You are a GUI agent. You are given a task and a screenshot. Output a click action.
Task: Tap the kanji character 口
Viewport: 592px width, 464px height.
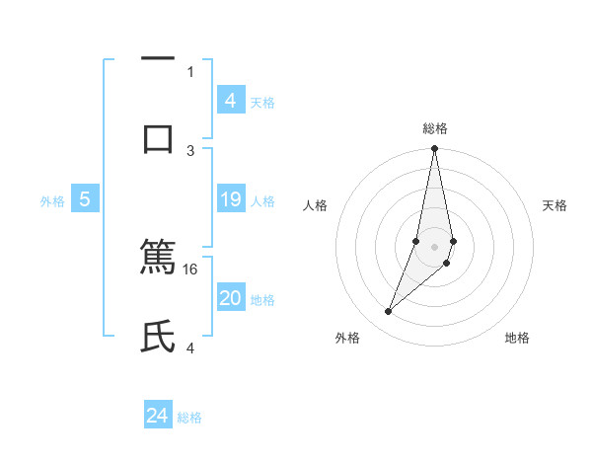pyautogui.click(x=158, y=138)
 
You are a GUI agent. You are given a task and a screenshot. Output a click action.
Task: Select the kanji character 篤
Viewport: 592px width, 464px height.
pyautogui.click(x=158, y=257)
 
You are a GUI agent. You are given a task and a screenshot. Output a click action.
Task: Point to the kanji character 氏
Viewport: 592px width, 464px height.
pyautogui.click(x=158, y=336)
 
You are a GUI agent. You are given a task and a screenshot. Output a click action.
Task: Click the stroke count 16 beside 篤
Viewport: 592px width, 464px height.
pyautogui.click(x=191, y=269)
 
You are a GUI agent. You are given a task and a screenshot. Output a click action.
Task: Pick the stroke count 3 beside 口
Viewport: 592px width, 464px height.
pyautogui.click(x=191, y=150)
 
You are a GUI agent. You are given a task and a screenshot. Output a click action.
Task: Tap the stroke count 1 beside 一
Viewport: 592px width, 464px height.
pyautogui.click(x=191, y=71)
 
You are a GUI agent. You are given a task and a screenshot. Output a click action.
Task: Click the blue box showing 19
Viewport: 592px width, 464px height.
pyautogui.click(x=231, y=200)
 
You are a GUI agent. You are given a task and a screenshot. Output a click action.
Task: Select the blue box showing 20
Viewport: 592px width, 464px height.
pyautogui.click(x=231, y=299)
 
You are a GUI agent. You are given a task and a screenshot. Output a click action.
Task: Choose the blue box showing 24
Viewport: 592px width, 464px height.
pyautogui.click(x=158, y=416)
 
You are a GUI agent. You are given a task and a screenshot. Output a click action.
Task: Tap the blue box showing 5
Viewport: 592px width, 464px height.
pyautogui.click(x=85, y=200)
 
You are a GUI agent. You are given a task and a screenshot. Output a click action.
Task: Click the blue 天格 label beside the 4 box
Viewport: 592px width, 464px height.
pyautogui.click(x=262, y=103)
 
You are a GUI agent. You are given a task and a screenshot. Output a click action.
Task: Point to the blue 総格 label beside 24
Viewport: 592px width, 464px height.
pyautogui.click(x=189, y=418)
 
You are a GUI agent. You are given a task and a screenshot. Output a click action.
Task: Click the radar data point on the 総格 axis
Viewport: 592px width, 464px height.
pyautogui.click(x=434, y=149)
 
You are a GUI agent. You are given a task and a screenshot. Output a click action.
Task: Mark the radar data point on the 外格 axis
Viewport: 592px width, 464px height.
pyautogui.click(x=388, y=312)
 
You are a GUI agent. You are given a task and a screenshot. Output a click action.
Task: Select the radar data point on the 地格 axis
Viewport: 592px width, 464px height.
pyautogui.click(x=447, y=263)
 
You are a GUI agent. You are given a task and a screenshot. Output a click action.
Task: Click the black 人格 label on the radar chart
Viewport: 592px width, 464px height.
pyautogui.click(x=315, y=205)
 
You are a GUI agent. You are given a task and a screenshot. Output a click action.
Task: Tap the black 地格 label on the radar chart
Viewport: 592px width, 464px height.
pyautogui.click(x=517, y=338)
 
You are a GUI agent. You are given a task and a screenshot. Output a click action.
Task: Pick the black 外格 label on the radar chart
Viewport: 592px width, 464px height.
pyautogui.click(x=347, y=338)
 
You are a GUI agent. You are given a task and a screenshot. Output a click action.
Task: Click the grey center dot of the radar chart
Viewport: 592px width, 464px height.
pyautogui.click(x=434, y=246)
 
